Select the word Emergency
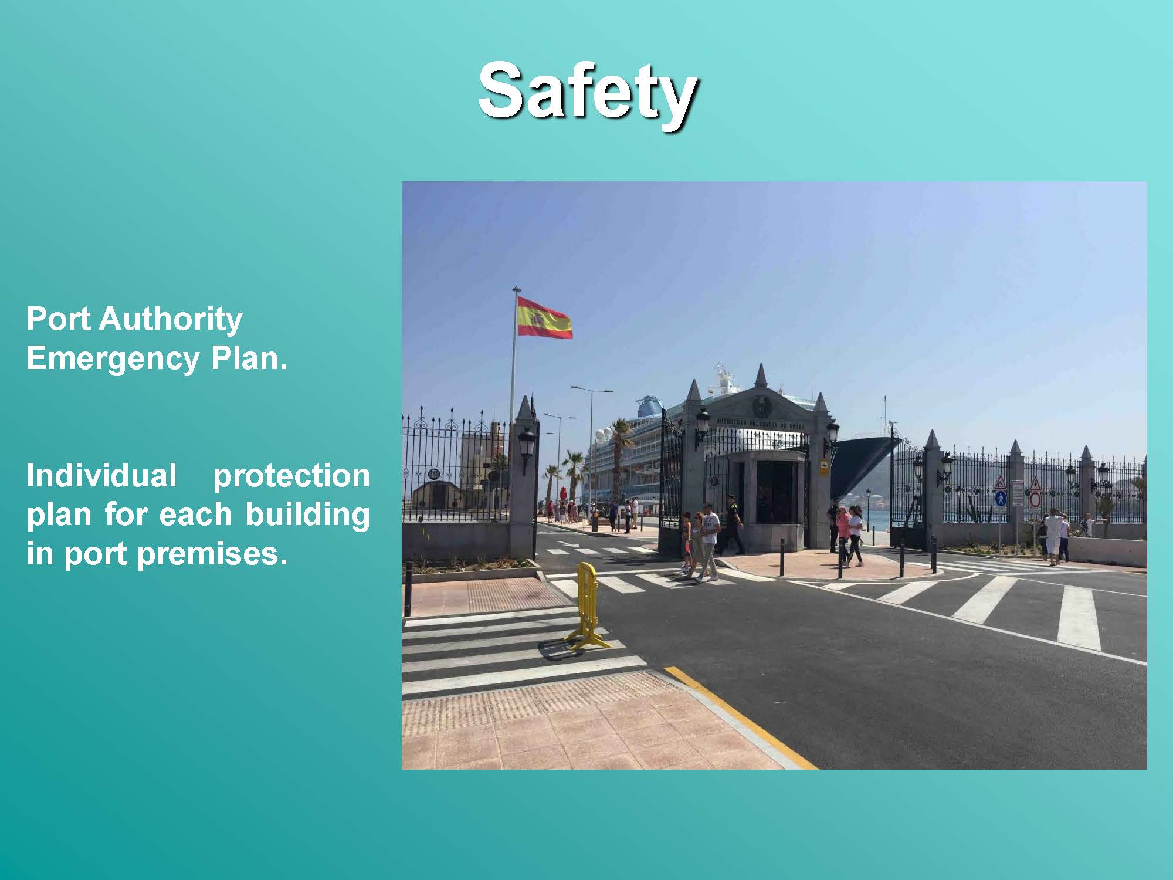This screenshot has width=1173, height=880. click(x=113, y=359)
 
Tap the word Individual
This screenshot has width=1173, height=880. click(x=101, y=475)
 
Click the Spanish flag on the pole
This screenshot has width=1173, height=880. click(x=544, y=317)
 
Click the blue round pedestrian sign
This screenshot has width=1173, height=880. click(x=1001, y=499)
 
